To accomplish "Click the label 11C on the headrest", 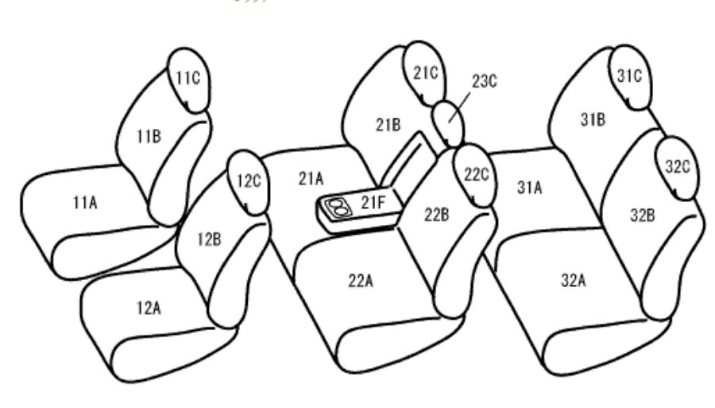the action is tap(188, 78).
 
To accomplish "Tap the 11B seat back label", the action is tap(149, 136).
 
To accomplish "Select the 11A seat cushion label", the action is tap(85, 202).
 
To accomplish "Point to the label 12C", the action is tap(249, 181).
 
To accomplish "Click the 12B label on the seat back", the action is tap(209, 239).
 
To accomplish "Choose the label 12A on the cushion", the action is tap(149, 309).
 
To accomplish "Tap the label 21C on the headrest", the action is tap(426, 72).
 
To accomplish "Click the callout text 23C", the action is tap(485, 81).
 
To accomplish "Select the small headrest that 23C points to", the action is tap(448, 124).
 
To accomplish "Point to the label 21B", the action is tap(388, 125).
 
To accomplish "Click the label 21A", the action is tap(311, 178).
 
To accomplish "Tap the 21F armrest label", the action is tap(373, 202).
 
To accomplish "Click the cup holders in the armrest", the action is tap(338, 208).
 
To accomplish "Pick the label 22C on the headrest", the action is tap(477, 174).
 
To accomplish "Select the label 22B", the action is tap(437, 215).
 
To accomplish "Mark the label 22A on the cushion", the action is tap(361, 281).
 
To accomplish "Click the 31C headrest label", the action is tap(630, 76).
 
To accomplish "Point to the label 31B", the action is tap(593, 119).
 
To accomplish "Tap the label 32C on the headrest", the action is tap(678, 167).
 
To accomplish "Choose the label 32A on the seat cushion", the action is tap(573, 280).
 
